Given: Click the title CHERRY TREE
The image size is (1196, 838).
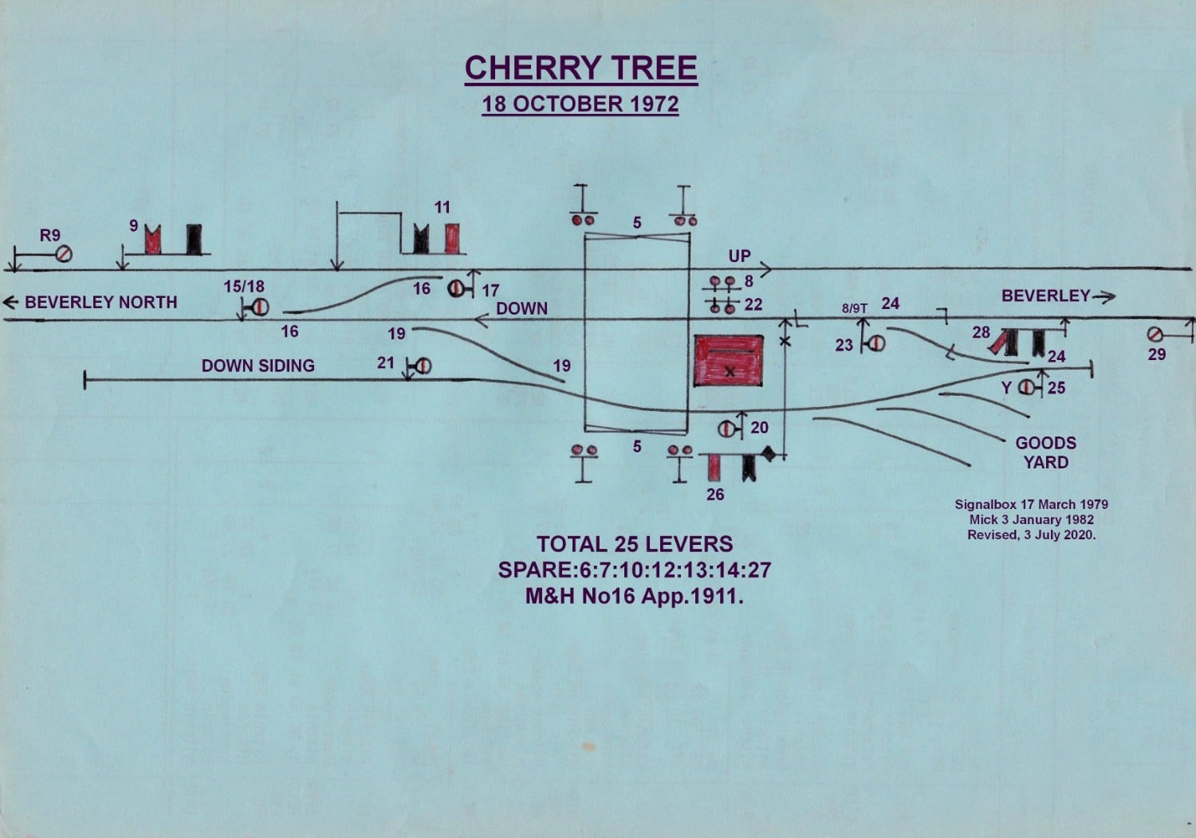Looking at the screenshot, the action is (581, 68).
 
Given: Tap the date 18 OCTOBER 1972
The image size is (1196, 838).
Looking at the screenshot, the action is (580, 104).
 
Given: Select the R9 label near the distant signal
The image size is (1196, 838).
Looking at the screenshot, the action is (50, 235).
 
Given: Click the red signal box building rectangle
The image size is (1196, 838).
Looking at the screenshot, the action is (728, 361).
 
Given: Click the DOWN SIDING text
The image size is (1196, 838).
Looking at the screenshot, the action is (258, 366).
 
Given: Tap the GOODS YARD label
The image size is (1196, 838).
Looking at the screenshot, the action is (1045, 452).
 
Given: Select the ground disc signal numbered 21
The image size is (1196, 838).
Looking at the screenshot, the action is (422, 366).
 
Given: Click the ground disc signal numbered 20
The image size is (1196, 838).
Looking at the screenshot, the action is (727, 429).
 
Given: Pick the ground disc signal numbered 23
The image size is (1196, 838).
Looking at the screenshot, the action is (875, 343).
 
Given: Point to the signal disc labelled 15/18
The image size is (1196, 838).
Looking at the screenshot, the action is (258, 307).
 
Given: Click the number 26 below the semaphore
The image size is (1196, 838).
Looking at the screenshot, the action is (715, 495).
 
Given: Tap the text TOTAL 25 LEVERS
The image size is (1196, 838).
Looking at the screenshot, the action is (635, 544).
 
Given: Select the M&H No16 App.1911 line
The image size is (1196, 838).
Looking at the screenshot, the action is (635, 596).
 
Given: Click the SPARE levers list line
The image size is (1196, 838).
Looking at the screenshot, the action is (635, 570).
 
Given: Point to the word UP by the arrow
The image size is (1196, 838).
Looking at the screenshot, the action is (739, 256).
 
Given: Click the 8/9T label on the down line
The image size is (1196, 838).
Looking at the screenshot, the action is (854, 308).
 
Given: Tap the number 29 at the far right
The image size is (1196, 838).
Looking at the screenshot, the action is (1157, 354).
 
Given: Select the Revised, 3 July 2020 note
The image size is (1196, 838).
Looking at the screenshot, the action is (1032, 535).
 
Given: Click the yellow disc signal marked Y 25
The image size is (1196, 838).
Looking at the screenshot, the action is (1026, 388).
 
